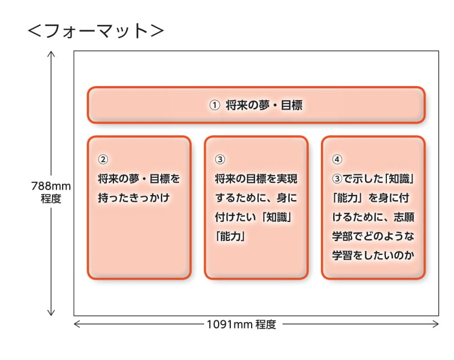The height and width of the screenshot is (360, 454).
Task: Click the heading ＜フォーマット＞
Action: pyautogui.click(x=96, y=31)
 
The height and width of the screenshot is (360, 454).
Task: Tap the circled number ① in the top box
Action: pyautogui.click(x=215, y=105)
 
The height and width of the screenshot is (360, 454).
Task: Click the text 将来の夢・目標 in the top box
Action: pyautogui.click(x=264, y=105)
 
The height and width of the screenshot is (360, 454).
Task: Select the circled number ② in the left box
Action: pyautogui.click(x=103, y=159)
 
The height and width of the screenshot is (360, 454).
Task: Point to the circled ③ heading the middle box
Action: pyautogui.click(x=220, y=159)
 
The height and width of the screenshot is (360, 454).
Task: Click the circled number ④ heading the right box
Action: pyautogui.click(x=337, y=159)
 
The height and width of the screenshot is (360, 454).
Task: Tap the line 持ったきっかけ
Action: pyautogui.click(x=134, y=198)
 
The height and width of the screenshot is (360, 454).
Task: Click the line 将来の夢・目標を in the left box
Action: pyautogui.click(x=139, y=179)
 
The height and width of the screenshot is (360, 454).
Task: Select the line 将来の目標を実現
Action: pyautogui.click(x=256, y=179)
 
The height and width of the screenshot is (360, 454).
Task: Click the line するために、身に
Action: pyautogui.click(x=256, y=198)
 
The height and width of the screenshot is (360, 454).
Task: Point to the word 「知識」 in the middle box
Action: pyautogui.click(x=276, y=217)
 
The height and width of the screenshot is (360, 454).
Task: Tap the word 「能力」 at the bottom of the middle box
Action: pyautogui.click(x=230, y=236)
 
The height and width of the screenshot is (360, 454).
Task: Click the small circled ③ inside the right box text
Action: pyautogui.click(x=337, y=179)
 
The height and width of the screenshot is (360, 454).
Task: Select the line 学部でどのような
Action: pyautogui.click(x=373, y=236)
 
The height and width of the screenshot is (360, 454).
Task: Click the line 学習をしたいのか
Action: pyautogui.click(x=373, y=255)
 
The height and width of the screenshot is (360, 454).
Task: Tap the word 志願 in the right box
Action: pyautogui.click(x=404, y=217)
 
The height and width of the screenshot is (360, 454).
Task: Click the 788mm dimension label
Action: pyautogui.click(x=51, y=186)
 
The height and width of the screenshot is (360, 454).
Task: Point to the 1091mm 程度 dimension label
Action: pyautogui.click(x=241, y=324)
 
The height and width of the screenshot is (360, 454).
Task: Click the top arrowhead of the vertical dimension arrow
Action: pyautogui.click(x=51, y=53)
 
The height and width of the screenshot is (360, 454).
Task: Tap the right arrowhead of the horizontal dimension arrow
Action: pyautogui.click(x=437, y=324)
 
